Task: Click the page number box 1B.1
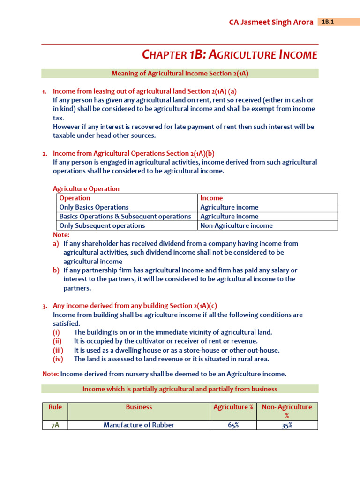[338, 22]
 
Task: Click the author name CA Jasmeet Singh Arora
[271, 22]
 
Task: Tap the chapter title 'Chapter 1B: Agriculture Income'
[229, 55]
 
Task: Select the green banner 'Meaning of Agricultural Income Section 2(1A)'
[180, 73]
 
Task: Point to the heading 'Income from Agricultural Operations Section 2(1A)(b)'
[134, 153]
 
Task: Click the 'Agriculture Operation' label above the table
[86, 188]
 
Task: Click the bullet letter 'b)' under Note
[56, 270]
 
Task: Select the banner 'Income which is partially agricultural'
[180, 389]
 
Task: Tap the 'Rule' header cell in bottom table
[55, 407]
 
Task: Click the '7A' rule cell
[55, 425]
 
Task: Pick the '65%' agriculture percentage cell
[233, 425]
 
